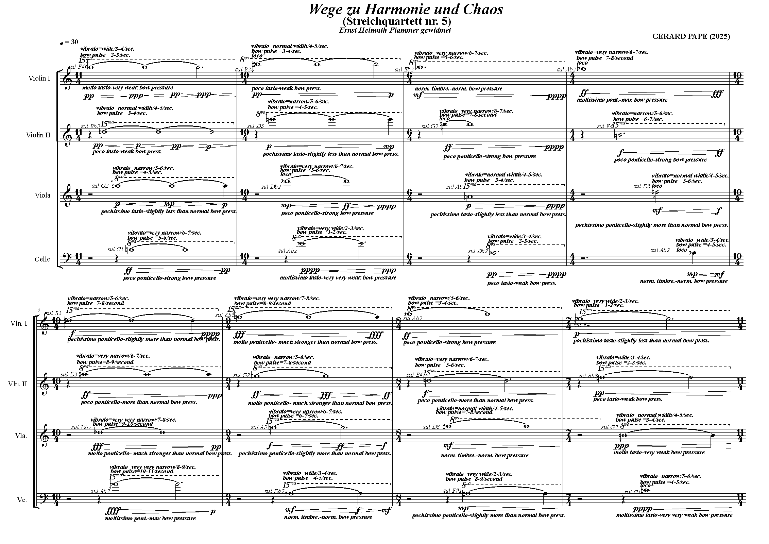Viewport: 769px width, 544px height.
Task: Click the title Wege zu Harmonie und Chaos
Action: (406, 10)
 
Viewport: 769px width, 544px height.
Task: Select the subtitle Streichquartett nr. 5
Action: (397, 21)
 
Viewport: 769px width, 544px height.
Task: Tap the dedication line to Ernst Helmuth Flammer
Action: (395, 30)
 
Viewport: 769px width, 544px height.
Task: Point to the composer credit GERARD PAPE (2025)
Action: (691, 36)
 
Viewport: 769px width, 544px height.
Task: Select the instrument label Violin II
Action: (38, 135)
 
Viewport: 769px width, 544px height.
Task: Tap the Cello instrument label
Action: (42, 259)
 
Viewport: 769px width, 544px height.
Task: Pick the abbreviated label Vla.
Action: (21, 436)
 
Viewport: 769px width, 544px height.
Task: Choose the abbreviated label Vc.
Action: (22, 500)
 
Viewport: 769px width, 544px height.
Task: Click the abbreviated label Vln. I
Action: (19, 323)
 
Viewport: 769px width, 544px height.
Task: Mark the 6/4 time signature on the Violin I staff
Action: (409, 79)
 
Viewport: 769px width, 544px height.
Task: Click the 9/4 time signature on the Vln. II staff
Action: (228, 384)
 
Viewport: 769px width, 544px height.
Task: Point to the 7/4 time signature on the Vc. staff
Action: (569, 500)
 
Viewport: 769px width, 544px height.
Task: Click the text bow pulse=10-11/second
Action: (142, 472)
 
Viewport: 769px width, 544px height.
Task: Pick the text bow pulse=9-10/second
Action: (123, 424)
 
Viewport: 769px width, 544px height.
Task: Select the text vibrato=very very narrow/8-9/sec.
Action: (153, 467)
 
